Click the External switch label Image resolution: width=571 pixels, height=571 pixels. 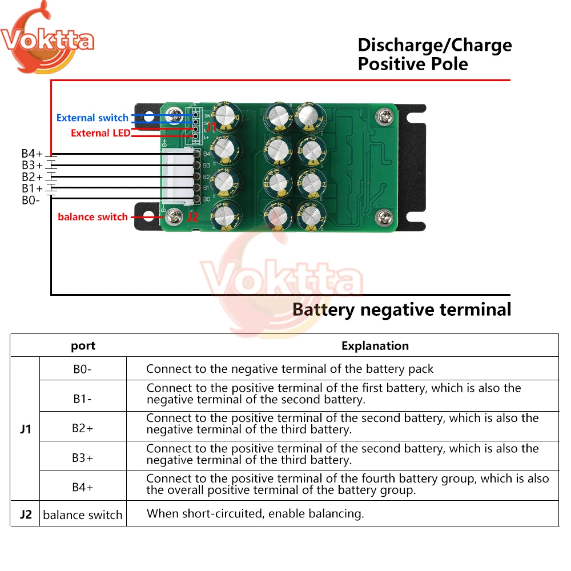92,118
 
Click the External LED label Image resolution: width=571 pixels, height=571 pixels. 100,133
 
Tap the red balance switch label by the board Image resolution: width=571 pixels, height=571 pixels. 93,217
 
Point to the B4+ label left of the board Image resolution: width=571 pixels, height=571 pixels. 32,154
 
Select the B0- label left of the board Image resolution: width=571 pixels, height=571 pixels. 30,200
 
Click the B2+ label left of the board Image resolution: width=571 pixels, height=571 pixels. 32,177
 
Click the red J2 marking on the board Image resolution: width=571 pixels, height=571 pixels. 192,218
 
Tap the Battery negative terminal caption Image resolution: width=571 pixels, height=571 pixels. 401,309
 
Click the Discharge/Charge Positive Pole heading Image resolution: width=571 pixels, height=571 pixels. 435,54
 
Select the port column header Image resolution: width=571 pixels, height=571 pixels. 83,345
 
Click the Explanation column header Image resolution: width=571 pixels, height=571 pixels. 375,345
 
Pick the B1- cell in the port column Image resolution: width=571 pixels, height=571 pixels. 83,398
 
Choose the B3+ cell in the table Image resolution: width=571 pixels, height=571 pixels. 83,457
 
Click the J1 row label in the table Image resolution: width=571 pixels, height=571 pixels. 25,428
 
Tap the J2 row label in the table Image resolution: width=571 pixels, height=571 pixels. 25,514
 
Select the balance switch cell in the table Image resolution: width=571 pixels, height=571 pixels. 83,514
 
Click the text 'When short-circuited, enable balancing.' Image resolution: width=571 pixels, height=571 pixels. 255,513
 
